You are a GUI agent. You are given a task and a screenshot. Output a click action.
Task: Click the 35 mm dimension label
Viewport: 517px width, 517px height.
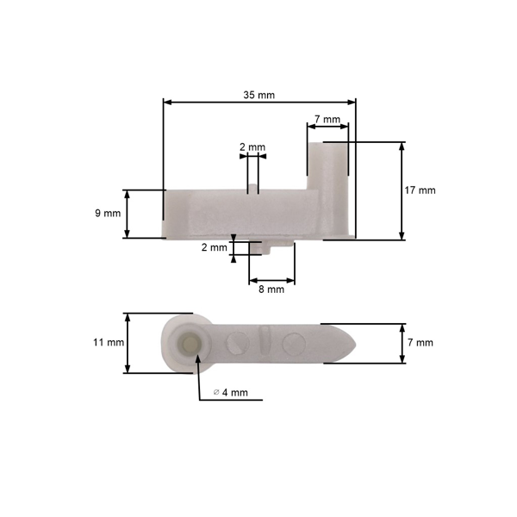point(258,95)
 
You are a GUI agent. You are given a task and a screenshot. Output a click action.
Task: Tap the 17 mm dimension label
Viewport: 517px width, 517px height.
point(420,190)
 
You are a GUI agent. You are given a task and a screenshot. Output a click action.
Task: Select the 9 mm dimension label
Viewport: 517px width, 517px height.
point(108,213)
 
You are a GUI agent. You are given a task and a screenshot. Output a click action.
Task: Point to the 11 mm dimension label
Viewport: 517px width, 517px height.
point(109,342)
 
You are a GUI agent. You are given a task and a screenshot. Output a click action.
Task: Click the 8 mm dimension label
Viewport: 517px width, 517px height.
point(271,290)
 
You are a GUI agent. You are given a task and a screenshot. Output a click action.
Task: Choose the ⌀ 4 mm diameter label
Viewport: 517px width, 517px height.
point(230,392)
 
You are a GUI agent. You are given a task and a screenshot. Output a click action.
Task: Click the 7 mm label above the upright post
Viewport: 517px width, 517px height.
point(327,119)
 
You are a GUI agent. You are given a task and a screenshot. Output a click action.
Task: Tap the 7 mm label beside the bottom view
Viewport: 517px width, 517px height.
point(420,343)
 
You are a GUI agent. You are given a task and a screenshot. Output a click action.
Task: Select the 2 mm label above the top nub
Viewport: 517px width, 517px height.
point(252,147)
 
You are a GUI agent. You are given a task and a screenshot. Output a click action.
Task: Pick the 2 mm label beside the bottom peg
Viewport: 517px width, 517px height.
point(215,247)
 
